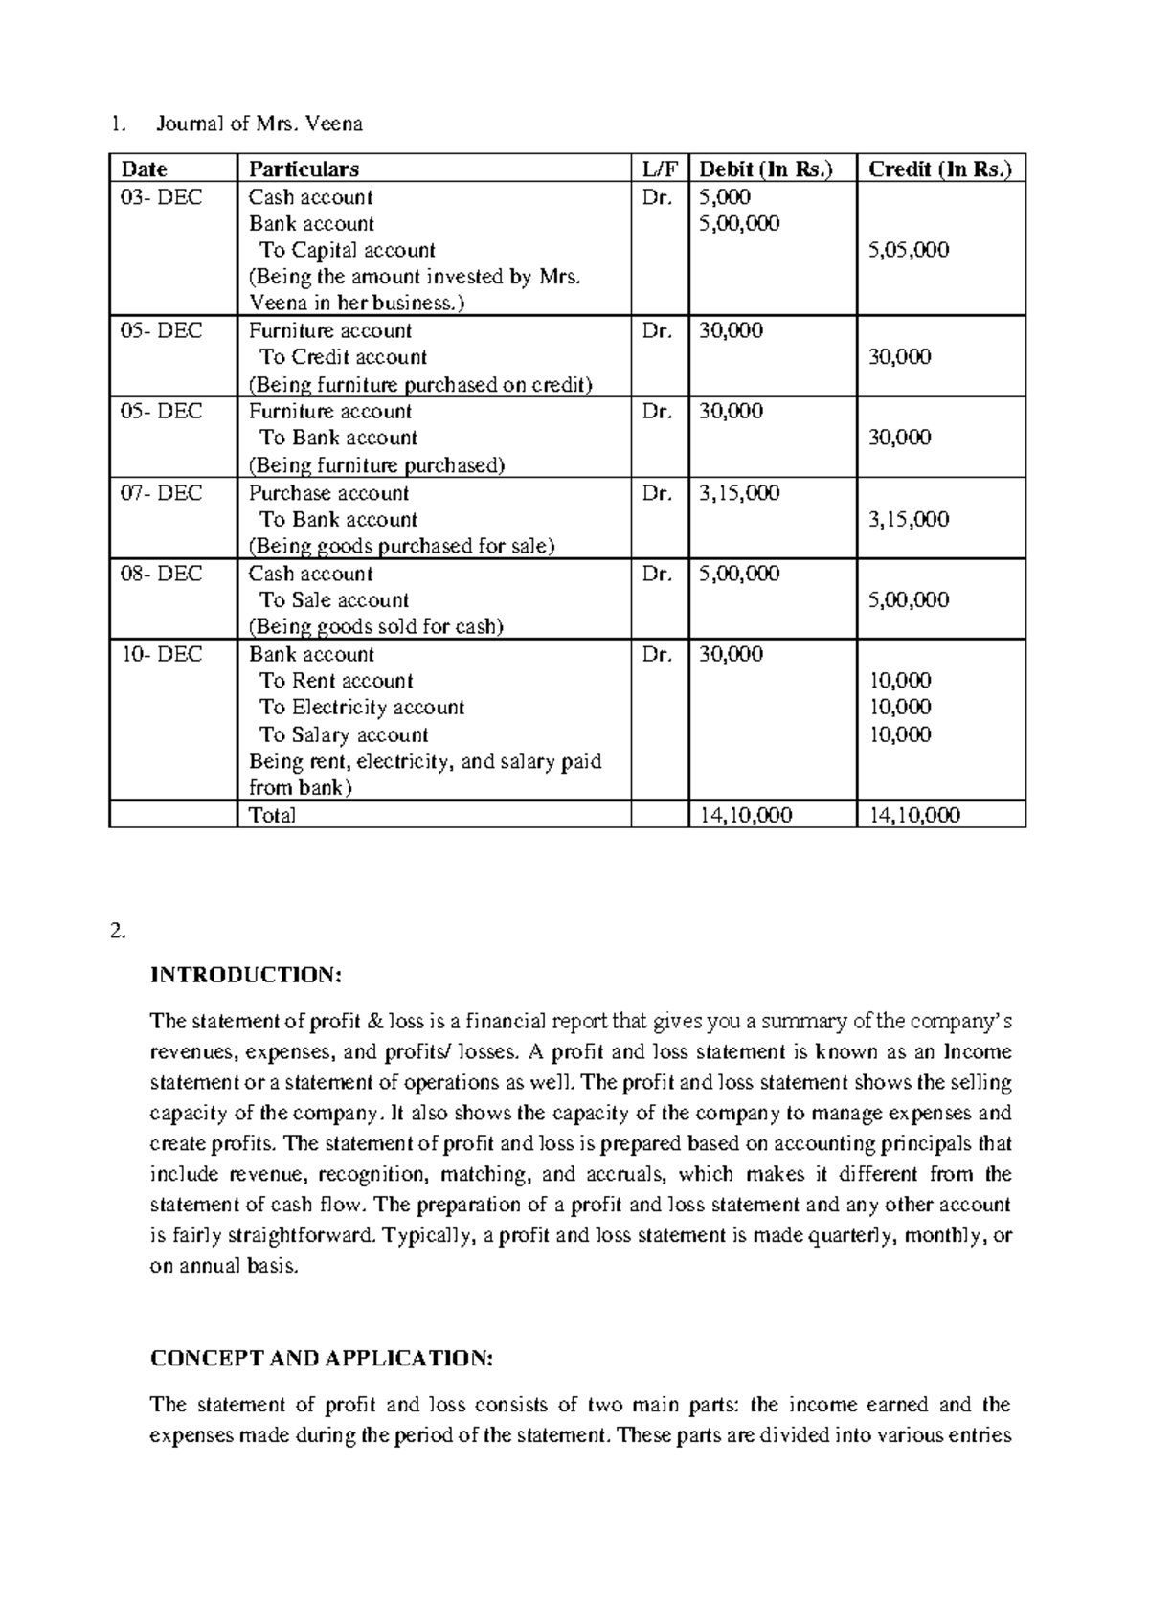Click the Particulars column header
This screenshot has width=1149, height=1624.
click(304, 169)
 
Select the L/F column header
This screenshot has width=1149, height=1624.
click(658, 169)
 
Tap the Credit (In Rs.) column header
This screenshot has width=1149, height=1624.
click(939, 169)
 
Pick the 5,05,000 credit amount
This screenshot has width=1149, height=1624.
click(909, 250)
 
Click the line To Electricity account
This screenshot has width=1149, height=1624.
click(361, 708)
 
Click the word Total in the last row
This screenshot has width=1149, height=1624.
click(272, 815)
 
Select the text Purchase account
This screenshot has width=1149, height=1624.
click(328, 493)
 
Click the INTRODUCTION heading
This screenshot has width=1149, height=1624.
click(245, 975)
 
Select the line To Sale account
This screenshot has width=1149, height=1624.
click(334, 600)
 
